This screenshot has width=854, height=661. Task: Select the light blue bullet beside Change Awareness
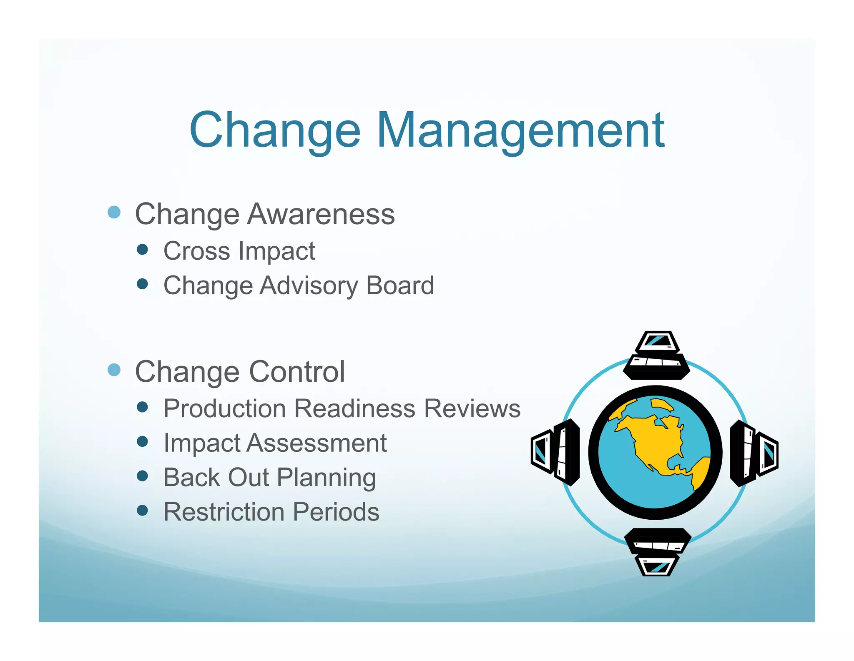click(x=114, y=212)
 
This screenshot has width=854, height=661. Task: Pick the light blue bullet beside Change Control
click(x=114, y=370)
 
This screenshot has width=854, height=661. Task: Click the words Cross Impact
click(x=239, y=251)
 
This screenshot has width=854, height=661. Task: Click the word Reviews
click(x=472, y=408)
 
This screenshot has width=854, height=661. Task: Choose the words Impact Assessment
click(x=275, y=443)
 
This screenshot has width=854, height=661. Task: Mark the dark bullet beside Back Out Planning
click(x=142, y=476)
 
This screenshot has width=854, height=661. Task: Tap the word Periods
click(x=336, y=512)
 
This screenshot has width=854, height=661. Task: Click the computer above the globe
click(x=656, y=355)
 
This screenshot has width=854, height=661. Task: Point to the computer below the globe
click(x=657, y=552)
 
